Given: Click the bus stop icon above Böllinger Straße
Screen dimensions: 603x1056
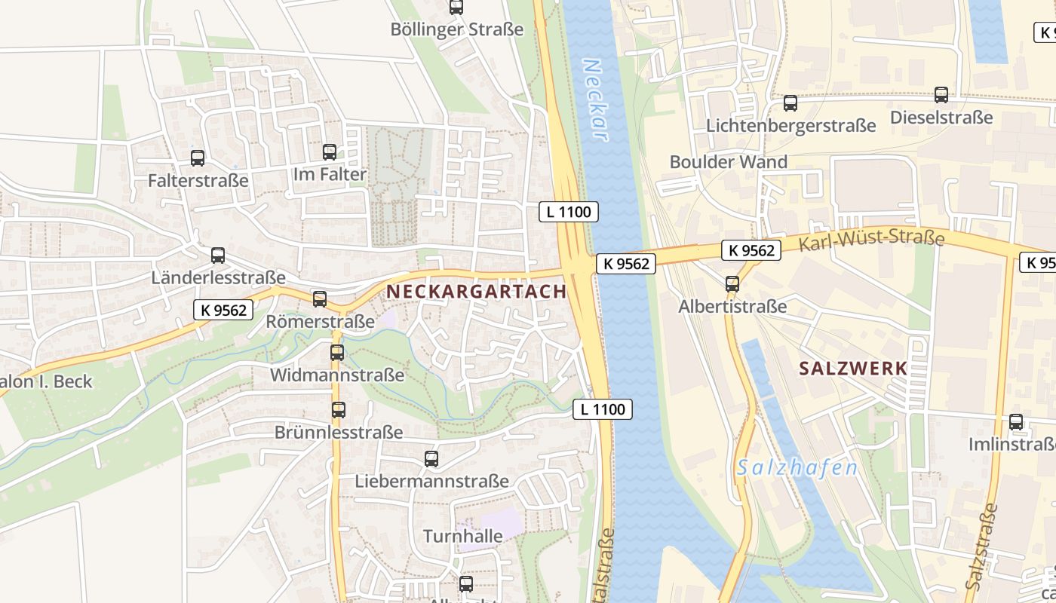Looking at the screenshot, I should (456, 8).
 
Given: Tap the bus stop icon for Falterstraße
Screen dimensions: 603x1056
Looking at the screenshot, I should (198, 158).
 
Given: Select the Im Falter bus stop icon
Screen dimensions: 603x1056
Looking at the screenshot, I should (330, 152).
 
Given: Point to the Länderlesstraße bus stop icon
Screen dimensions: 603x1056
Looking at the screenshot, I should (218, 256).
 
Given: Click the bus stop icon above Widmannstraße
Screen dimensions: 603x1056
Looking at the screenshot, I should (337, 353).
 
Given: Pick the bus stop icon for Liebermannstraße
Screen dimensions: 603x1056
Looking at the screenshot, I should (431, 458).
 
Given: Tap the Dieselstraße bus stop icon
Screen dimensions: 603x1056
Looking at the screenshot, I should (941, 95).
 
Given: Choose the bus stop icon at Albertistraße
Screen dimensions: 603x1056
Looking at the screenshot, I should (732, 284).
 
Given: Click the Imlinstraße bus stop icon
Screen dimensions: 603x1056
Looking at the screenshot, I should (1016, 422).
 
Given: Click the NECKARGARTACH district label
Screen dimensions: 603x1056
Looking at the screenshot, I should (476, 292).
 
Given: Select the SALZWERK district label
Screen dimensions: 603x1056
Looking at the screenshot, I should (853, 369).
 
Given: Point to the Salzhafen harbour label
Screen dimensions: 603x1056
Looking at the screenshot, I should (797, 468).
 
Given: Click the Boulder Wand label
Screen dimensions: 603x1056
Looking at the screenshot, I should (728, 162).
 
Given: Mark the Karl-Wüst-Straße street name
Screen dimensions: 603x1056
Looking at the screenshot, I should (871, 239).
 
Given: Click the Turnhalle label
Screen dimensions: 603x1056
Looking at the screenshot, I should (462, 537).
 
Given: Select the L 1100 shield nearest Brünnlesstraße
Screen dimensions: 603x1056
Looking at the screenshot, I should (602, 409).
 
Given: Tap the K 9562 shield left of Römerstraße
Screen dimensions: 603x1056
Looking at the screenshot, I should (223, 310).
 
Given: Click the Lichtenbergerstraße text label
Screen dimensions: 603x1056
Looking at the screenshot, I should (790, 125).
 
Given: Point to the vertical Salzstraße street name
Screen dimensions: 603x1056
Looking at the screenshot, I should (981, 546).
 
